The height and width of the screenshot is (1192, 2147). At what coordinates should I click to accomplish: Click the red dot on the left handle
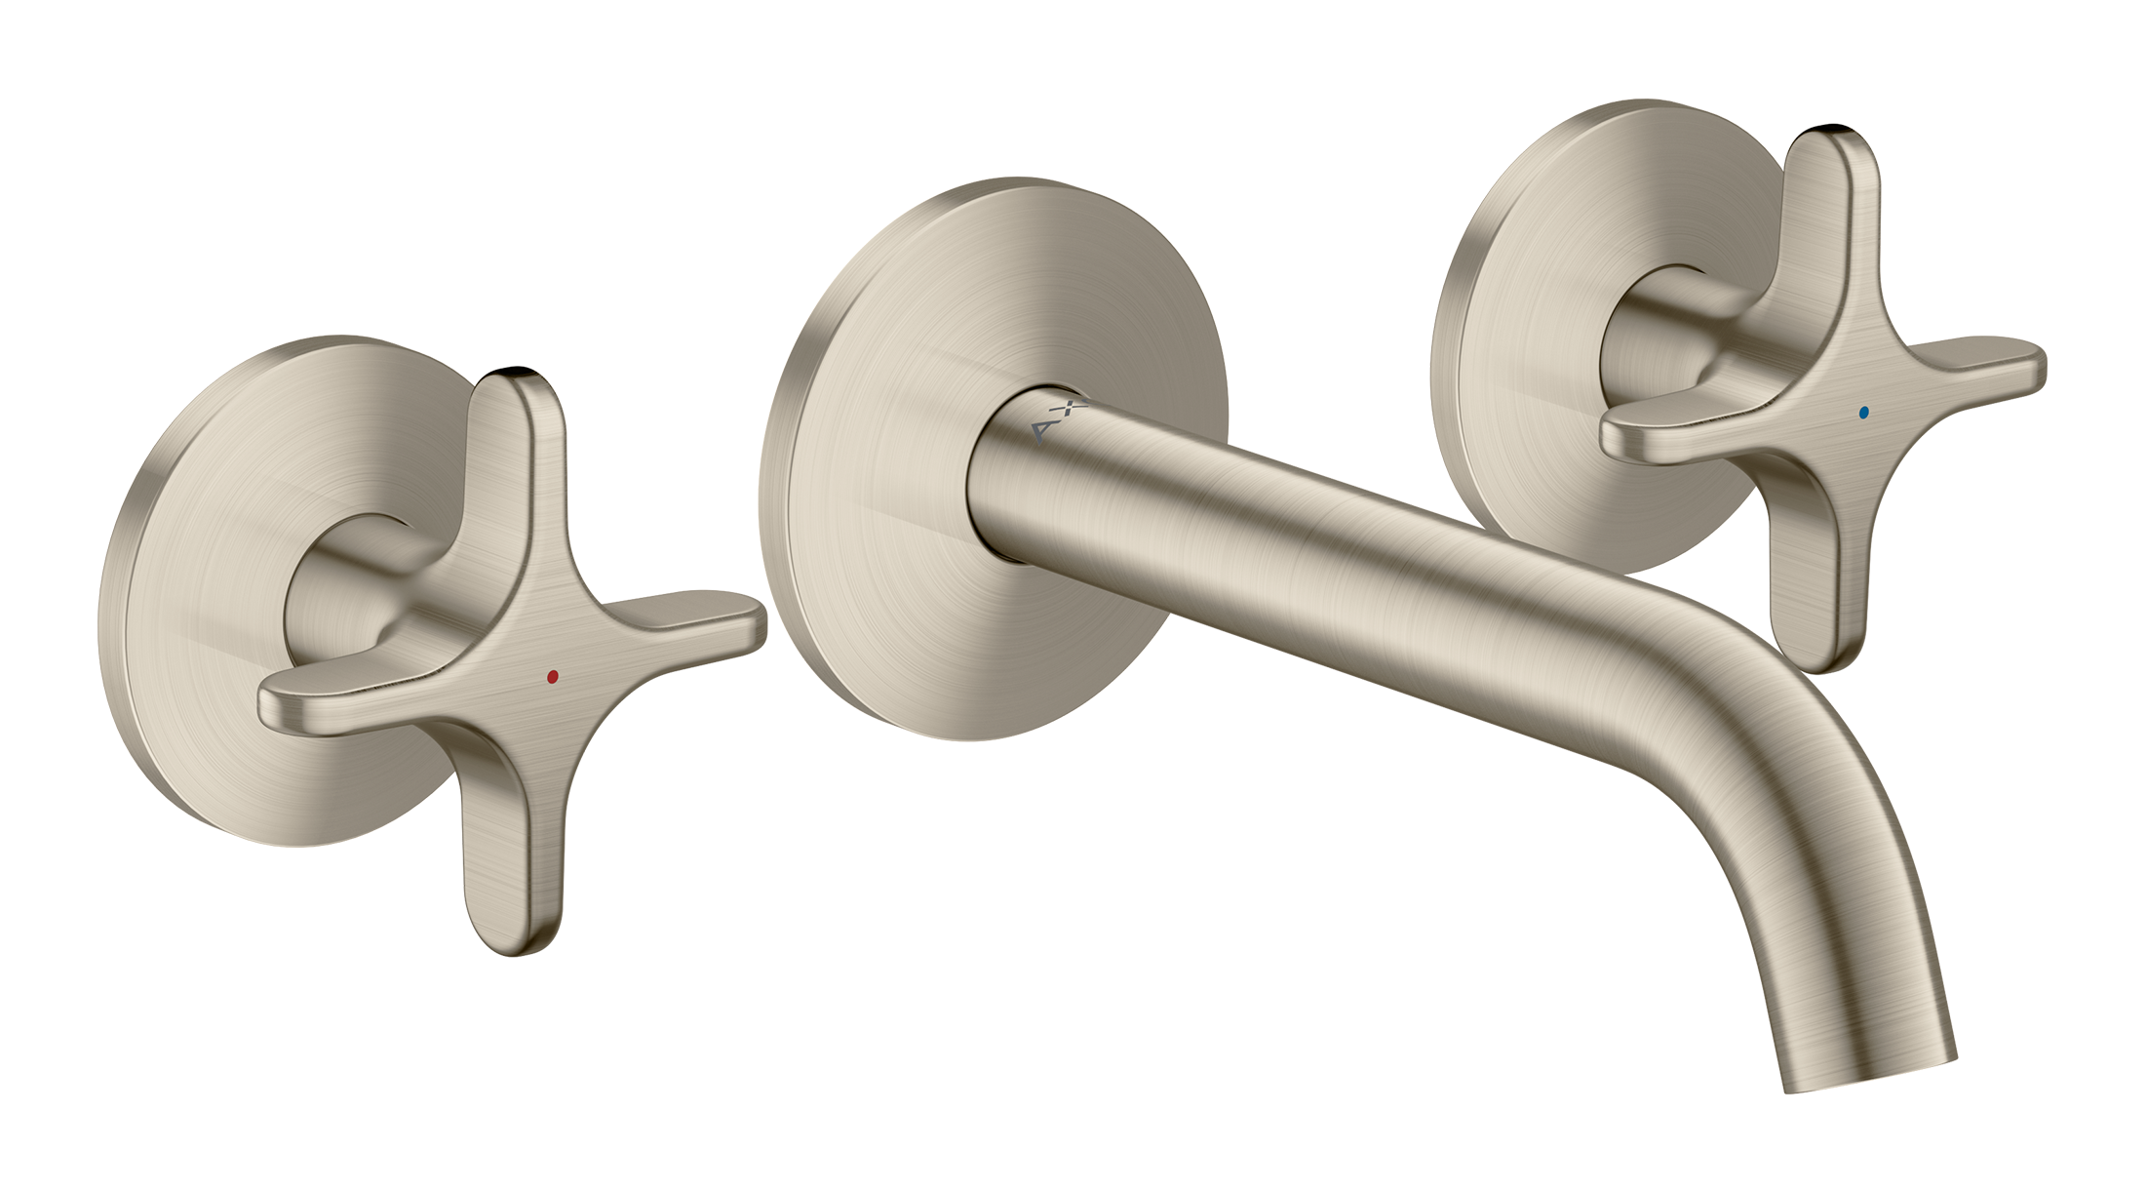pyautogui.click(x=553, y=675)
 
